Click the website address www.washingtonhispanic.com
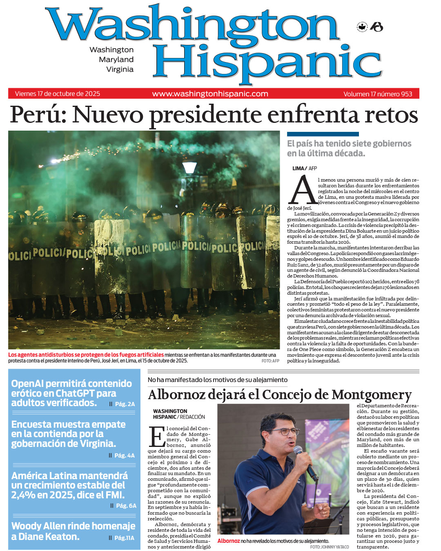coord(210,94)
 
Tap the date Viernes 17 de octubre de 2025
coord(58,94)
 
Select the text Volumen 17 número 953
coord(378,94)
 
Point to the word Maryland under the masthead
coord(116,60)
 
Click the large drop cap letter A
coord(302,191)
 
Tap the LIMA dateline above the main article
coord(298,168)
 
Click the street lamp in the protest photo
coord(189,168)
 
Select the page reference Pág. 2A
coord(125,404)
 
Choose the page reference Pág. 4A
coord(124,455)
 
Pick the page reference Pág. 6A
coord(126,506)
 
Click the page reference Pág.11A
coord(124,538)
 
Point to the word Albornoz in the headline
coord(176,395)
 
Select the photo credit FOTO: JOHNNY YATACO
coord(329,547)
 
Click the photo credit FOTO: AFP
coord(270,361)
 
